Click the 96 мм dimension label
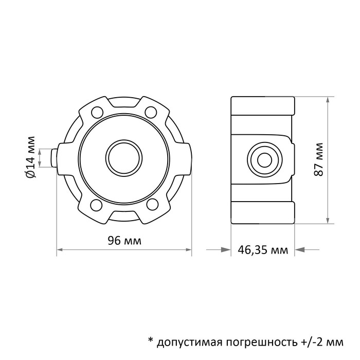point(123,241)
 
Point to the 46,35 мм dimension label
point(263,250)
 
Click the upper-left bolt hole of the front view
point(96,111)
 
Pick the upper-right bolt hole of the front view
point(151,111)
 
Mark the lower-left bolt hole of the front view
point(96,205)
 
